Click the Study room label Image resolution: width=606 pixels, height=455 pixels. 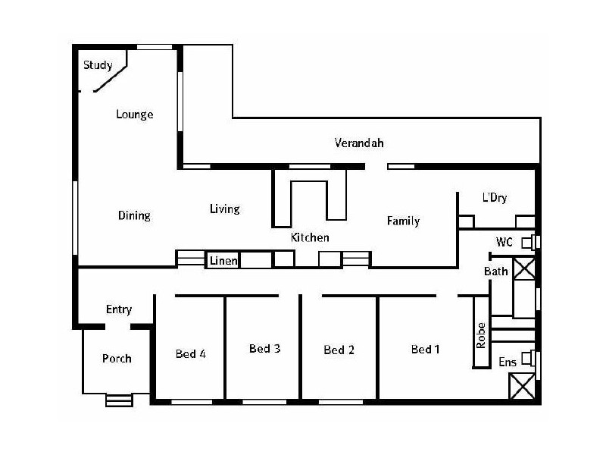pos(98,64)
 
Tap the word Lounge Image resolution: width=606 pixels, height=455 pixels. pos(135,115)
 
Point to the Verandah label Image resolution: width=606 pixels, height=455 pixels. pos(359,143)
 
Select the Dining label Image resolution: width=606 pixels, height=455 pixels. pos(134,215)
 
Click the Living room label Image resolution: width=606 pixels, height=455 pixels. pos(225,209)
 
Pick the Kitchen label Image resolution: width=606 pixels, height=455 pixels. pos(310,237)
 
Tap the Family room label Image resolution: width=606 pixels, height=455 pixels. pos(403,221)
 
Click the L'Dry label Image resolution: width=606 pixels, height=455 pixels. pos(495,198)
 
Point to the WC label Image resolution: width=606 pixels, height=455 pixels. pos(505,242)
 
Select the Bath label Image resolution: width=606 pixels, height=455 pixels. pos(496,271)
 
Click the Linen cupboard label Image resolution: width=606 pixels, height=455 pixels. pos(223,261)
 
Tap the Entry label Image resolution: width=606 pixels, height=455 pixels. pos(119,309)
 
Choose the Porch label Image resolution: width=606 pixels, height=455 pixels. pos(117,358)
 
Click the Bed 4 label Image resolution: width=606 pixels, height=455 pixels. pos(191,353)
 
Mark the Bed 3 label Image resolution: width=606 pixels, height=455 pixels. pos(265,349)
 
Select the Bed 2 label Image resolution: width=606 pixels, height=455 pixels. pos(339,350)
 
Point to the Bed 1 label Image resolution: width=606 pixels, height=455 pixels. pos(426,350)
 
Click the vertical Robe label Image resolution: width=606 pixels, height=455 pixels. pos(480,335)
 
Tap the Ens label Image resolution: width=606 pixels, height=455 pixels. pos(507,362)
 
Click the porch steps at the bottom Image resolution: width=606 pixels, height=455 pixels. pos(117,400)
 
